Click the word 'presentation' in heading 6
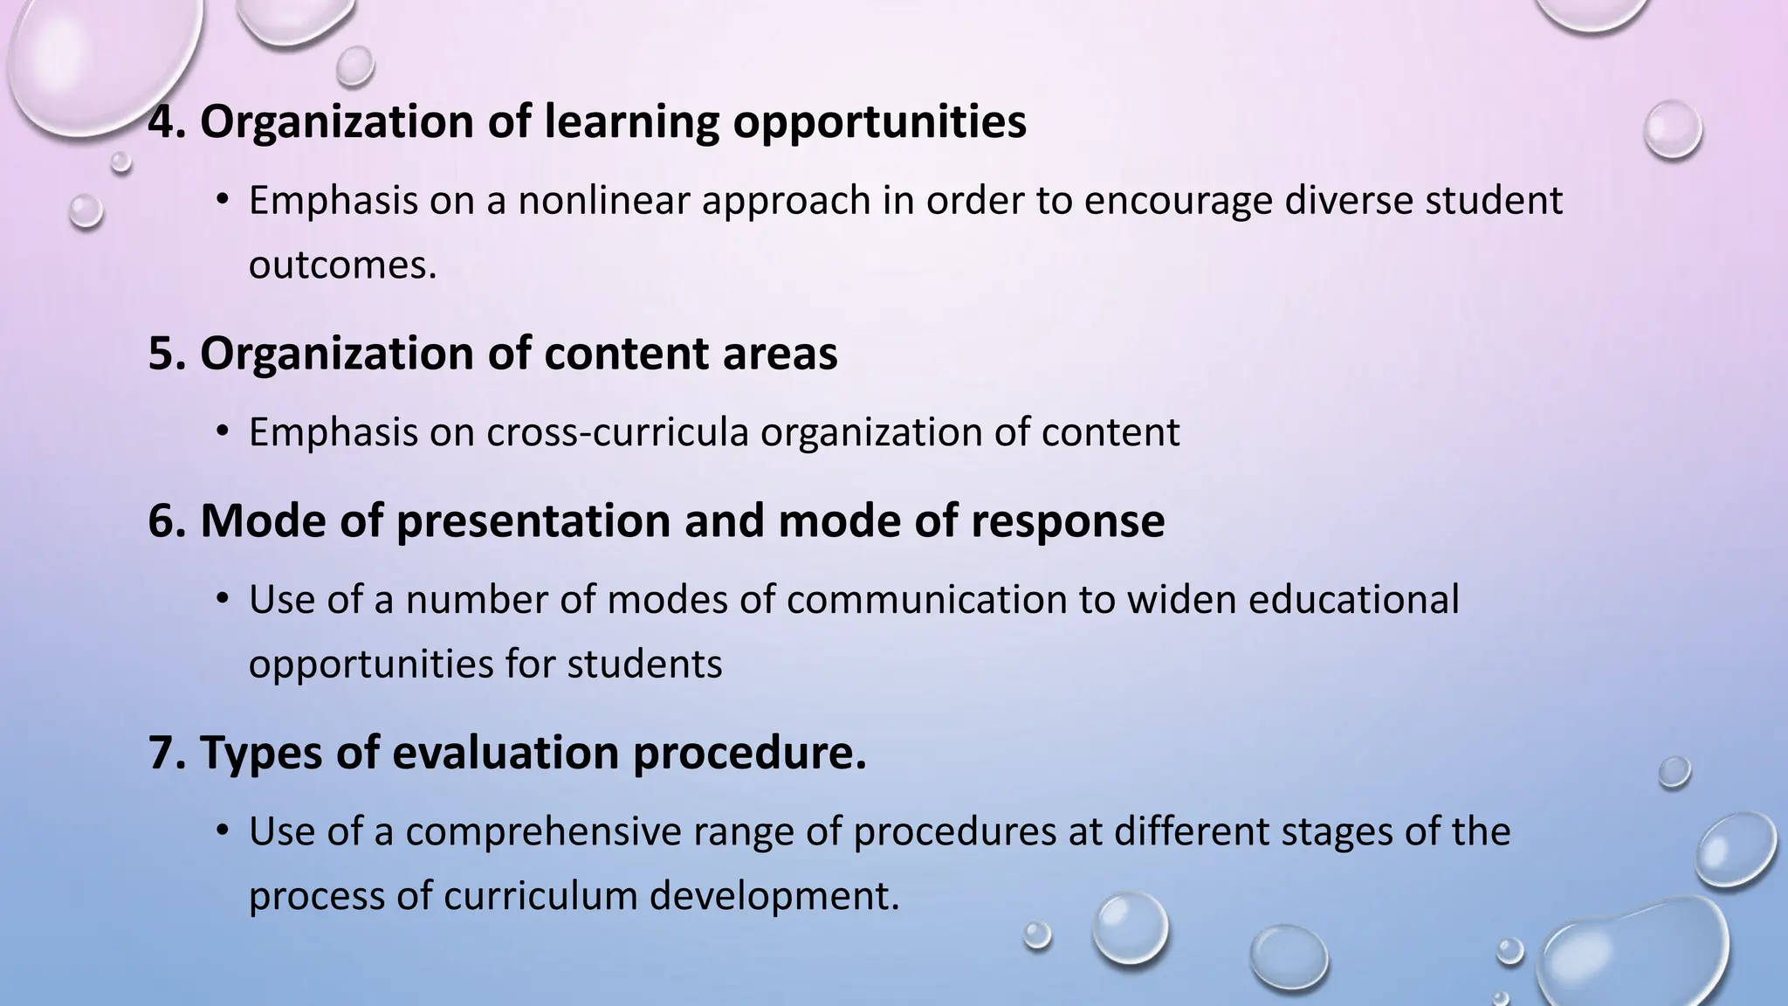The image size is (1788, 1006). [533, 521]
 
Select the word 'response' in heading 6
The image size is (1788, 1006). [1067, 521]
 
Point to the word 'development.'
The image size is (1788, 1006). [774, 896]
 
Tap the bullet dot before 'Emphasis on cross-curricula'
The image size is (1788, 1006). [223, 431]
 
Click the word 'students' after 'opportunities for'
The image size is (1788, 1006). [644, 664]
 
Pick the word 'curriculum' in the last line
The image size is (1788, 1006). [540, 896]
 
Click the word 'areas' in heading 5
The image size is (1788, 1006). [780, 354]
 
